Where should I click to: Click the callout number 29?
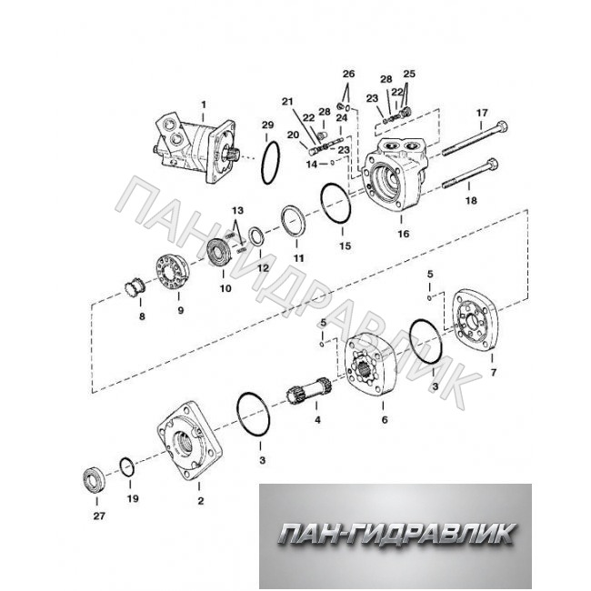(x=268, y=125)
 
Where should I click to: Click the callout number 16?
(x=404, y=234)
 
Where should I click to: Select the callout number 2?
(x=201, y=501)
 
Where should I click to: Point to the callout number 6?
(x=385, y=419)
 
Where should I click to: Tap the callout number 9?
(x=181, y=311)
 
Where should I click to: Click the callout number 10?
(x=225, y=289)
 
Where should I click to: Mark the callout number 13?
(x=238, y=210)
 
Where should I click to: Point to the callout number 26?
(x=348, y=74)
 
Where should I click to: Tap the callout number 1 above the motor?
(x=204, y=104)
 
